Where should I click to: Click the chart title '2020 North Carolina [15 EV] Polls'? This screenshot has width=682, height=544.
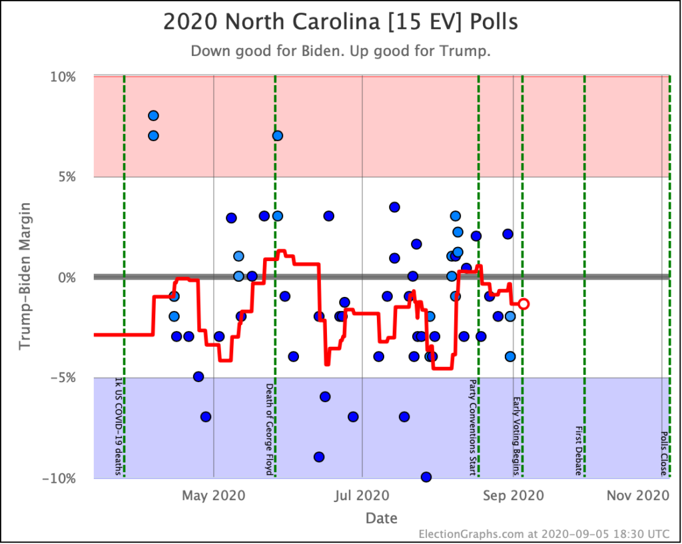340,22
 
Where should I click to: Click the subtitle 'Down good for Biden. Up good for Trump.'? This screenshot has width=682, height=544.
340,51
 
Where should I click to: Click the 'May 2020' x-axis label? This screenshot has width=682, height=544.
213,495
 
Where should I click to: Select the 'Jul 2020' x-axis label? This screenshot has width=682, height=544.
362,495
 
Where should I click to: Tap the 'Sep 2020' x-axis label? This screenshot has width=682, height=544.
512,495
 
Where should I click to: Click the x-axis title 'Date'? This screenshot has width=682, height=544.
381,518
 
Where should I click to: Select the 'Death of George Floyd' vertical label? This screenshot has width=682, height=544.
270,429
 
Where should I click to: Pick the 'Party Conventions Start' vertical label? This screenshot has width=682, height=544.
473,427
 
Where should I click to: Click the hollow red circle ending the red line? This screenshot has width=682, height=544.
524,304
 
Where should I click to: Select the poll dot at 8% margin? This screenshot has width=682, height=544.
153,116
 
